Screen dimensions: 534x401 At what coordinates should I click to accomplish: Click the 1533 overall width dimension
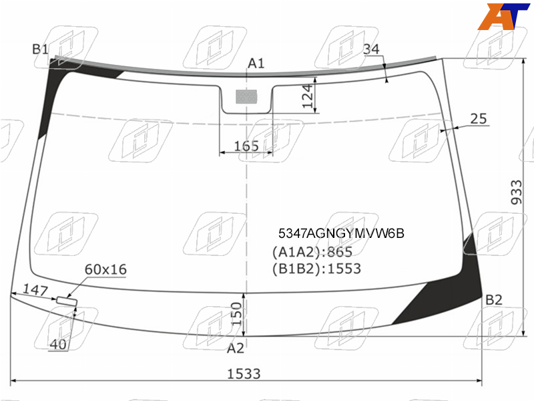point(244,374)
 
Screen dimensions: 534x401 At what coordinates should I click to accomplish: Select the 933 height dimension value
point(516,192)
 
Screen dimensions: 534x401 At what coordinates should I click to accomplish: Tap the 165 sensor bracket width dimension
point(246,146)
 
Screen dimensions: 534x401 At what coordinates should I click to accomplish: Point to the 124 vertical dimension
point(308,96)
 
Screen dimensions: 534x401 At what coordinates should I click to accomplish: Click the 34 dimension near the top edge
point(371,49)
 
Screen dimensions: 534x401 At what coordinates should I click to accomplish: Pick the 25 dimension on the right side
point(479,119)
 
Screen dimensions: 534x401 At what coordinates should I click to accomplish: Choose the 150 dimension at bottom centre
point(236,314)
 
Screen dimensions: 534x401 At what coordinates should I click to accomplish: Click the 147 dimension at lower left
point(35,290)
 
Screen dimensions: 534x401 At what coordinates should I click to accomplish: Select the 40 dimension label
point(58,344)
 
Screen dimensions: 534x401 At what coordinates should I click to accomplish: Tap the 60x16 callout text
point(105,269)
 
